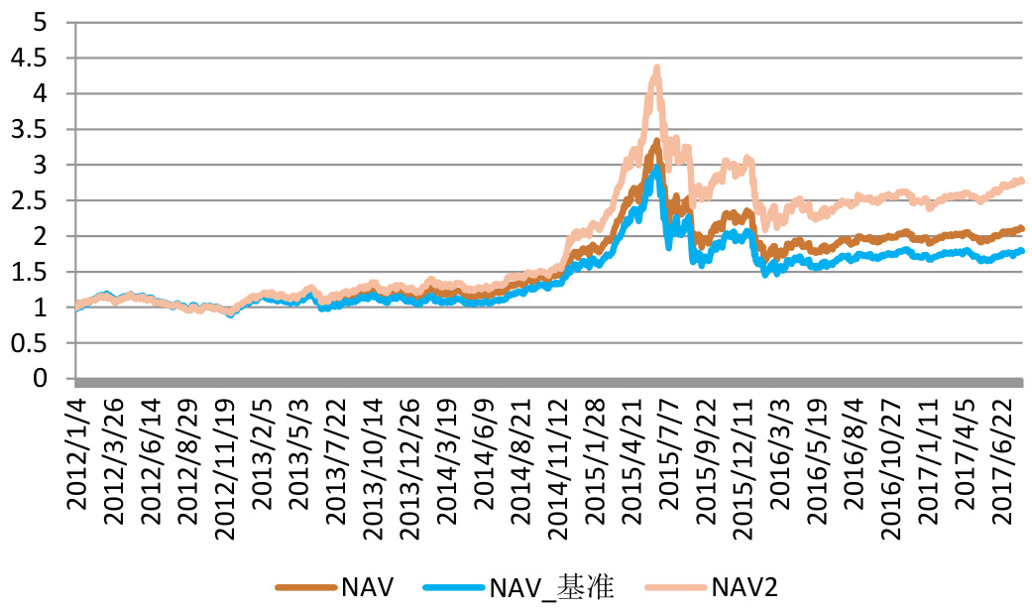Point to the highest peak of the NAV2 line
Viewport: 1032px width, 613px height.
pyautogui.click(x=656, y=67)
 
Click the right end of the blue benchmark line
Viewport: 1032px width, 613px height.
pyautogui.click(x=1021, y=251)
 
